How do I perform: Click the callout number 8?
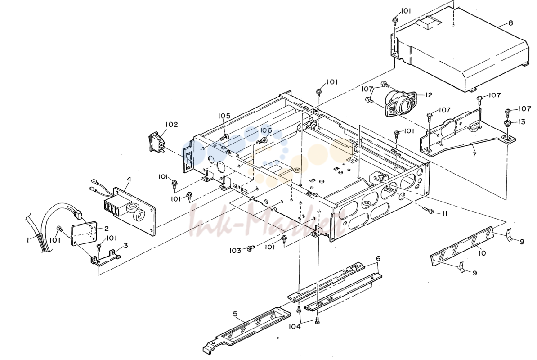(x=510, y=23)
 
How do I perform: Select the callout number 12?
(x=429, y=95)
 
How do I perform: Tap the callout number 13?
(x=521, y=122)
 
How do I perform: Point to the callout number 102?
(x=171, y=124)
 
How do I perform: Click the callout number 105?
(x=225, y=116)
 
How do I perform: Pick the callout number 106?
(x=266, y=130)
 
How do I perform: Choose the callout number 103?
(x=235, y=251)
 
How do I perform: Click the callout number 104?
(x=294, y=326)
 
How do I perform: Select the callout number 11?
(x=444, y=214)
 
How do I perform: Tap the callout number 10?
(x=482, y=253)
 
